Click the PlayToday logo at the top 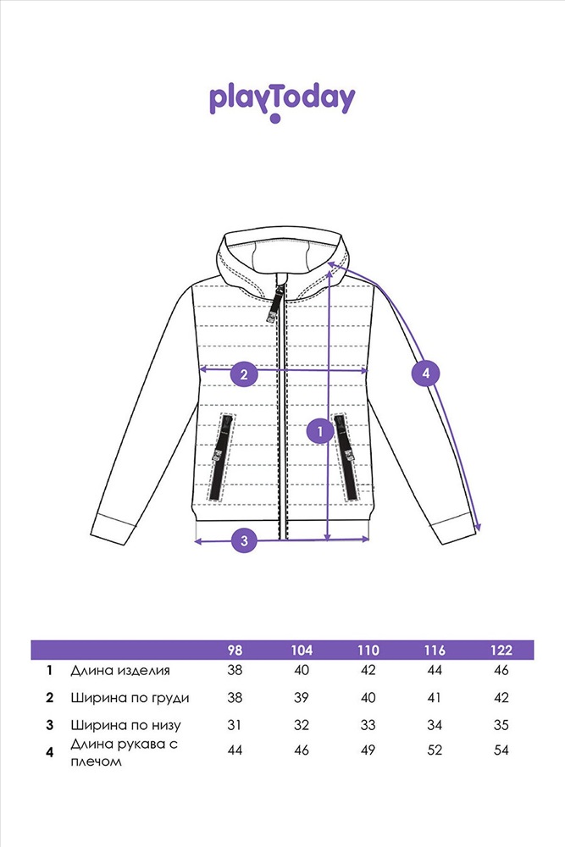click(282, 102)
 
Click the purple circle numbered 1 click(320, 431)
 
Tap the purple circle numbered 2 click(244, 374)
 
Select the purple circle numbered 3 click(244, 540)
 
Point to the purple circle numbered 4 click(425, 373)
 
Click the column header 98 click(235, 650)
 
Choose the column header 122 click(501, 650)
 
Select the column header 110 click(368, 650)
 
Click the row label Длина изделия click(120, 670)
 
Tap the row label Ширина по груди click(130, 698)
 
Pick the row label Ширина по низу click(125, 726)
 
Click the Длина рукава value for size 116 click(435, 750)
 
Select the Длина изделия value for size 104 click(302, 670)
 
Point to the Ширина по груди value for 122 click(501, 698)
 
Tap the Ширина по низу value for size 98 click(234, 725)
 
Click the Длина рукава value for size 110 click(368, 750)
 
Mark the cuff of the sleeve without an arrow click(113, 526)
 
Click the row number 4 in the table click(50, 751)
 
